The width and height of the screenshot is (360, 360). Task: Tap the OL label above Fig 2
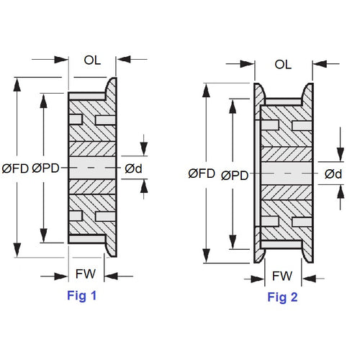tap(283, 65)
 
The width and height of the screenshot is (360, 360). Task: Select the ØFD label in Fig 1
tap(16, 168)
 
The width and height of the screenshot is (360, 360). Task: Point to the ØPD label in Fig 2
tap(235, 174)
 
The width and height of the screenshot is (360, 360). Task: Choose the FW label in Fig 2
tap(282, 276)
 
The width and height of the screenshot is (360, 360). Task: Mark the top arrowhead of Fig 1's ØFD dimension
tap(16, 81)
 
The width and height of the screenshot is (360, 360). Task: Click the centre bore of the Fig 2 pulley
tap(287, 174)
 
